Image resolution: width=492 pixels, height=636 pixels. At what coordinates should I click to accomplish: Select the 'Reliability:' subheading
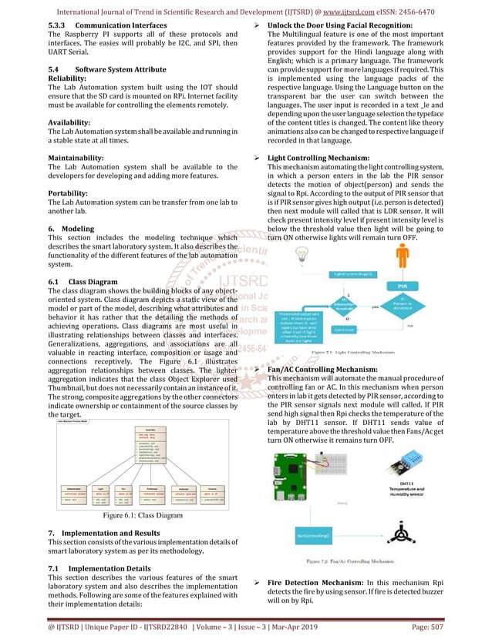[x=69, y=78]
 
